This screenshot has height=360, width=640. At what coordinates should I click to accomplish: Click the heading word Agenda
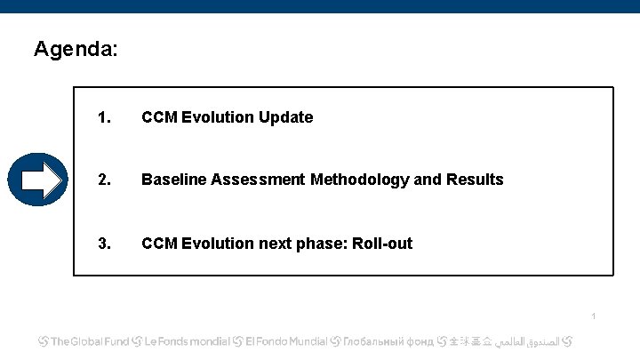(74, 49)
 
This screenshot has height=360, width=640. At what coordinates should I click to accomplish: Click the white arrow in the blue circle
(40, 180)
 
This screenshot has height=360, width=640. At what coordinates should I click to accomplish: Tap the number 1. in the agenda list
(104, 117)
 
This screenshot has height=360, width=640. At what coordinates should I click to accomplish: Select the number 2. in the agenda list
(104, 180)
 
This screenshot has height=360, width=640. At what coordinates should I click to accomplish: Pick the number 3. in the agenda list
(104, 244)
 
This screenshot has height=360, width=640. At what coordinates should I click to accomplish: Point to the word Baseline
(172, 180)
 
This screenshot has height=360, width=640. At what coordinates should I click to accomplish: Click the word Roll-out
(382, 244)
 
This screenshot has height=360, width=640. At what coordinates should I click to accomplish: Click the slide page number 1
(593, 316)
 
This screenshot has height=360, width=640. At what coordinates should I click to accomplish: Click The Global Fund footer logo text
(90, 341)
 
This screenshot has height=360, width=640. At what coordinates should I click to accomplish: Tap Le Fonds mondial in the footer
(188, 341)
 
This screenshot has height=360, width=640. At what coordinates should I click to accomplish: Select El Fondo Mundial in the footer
(286, 341)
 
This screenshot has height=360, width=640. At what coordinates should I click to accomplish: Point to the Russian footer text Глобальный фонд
(389, 341)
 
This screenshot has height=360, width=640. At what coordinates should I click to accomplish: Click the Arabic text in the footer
(532, 341)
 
